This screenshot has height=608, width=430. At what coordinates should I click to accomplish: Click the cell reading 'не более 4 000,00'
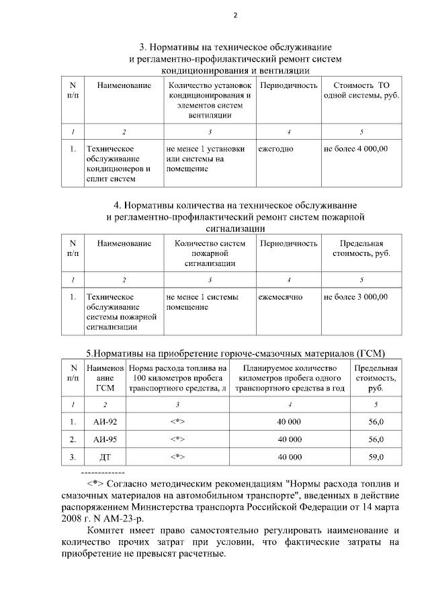point(355,148)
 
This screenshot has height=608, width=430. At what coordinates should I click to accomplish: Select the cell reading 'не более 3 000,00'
point(355,296)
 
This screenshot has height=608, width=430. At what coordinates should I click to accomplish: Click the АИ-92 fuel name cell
point(104,422)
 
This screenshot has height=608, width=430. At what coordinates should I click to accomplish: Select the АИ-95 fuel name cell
point(104,439)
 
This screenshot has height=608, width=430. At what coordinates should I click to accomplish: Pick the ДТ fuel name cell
point(104,457)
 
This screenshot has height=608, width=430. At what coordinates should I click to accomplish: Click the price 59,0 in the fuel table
point(376,457)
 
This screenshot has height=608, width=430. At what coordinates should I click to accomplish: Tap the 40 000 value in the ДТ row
point(290,457)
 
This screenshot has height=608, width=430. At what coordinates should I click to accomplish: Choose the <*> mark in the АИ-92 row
point(177,422)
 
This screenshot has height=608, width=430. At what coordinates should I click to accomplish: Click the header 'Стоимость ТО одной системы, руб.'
point(361,91)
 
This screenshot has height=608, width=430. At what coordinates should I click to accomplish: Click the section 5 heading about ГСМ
point(234,354)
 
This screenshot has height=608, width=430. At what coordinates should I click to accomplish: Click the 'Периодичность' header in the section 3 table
point(288,86)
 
